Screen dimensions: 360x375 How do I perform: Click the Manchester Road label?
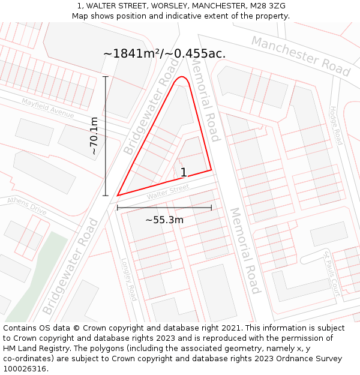tap(300, 55)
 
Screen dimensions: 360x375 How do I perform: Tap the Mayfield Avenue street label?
tap(48, 108)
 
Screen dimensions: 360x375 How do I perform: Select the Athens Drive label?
tap(26, 206)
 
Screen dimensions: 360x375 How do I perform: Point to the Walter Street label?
tap(168, 192)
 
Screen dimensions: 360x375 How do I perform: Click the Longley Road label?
tap(130, 280)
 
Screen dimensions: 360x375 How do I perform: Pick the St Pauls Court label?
tap(332, 274)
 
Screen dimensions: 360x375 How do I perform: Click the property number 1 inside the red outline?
tap(184, 173)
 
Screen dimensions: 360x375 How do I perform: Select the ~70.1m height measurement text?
tap(94, 136)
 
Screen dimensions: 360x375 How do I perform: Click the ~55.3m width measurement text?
tap(164, 220)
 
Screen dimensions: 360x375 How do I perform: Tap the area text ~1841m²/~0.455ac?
tap(164, 53)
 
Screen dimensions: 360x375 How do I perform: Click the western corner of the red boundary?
tap(118, 195)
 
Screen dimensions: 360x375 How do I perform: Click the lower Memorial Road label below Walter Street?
tap(245, 250)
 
